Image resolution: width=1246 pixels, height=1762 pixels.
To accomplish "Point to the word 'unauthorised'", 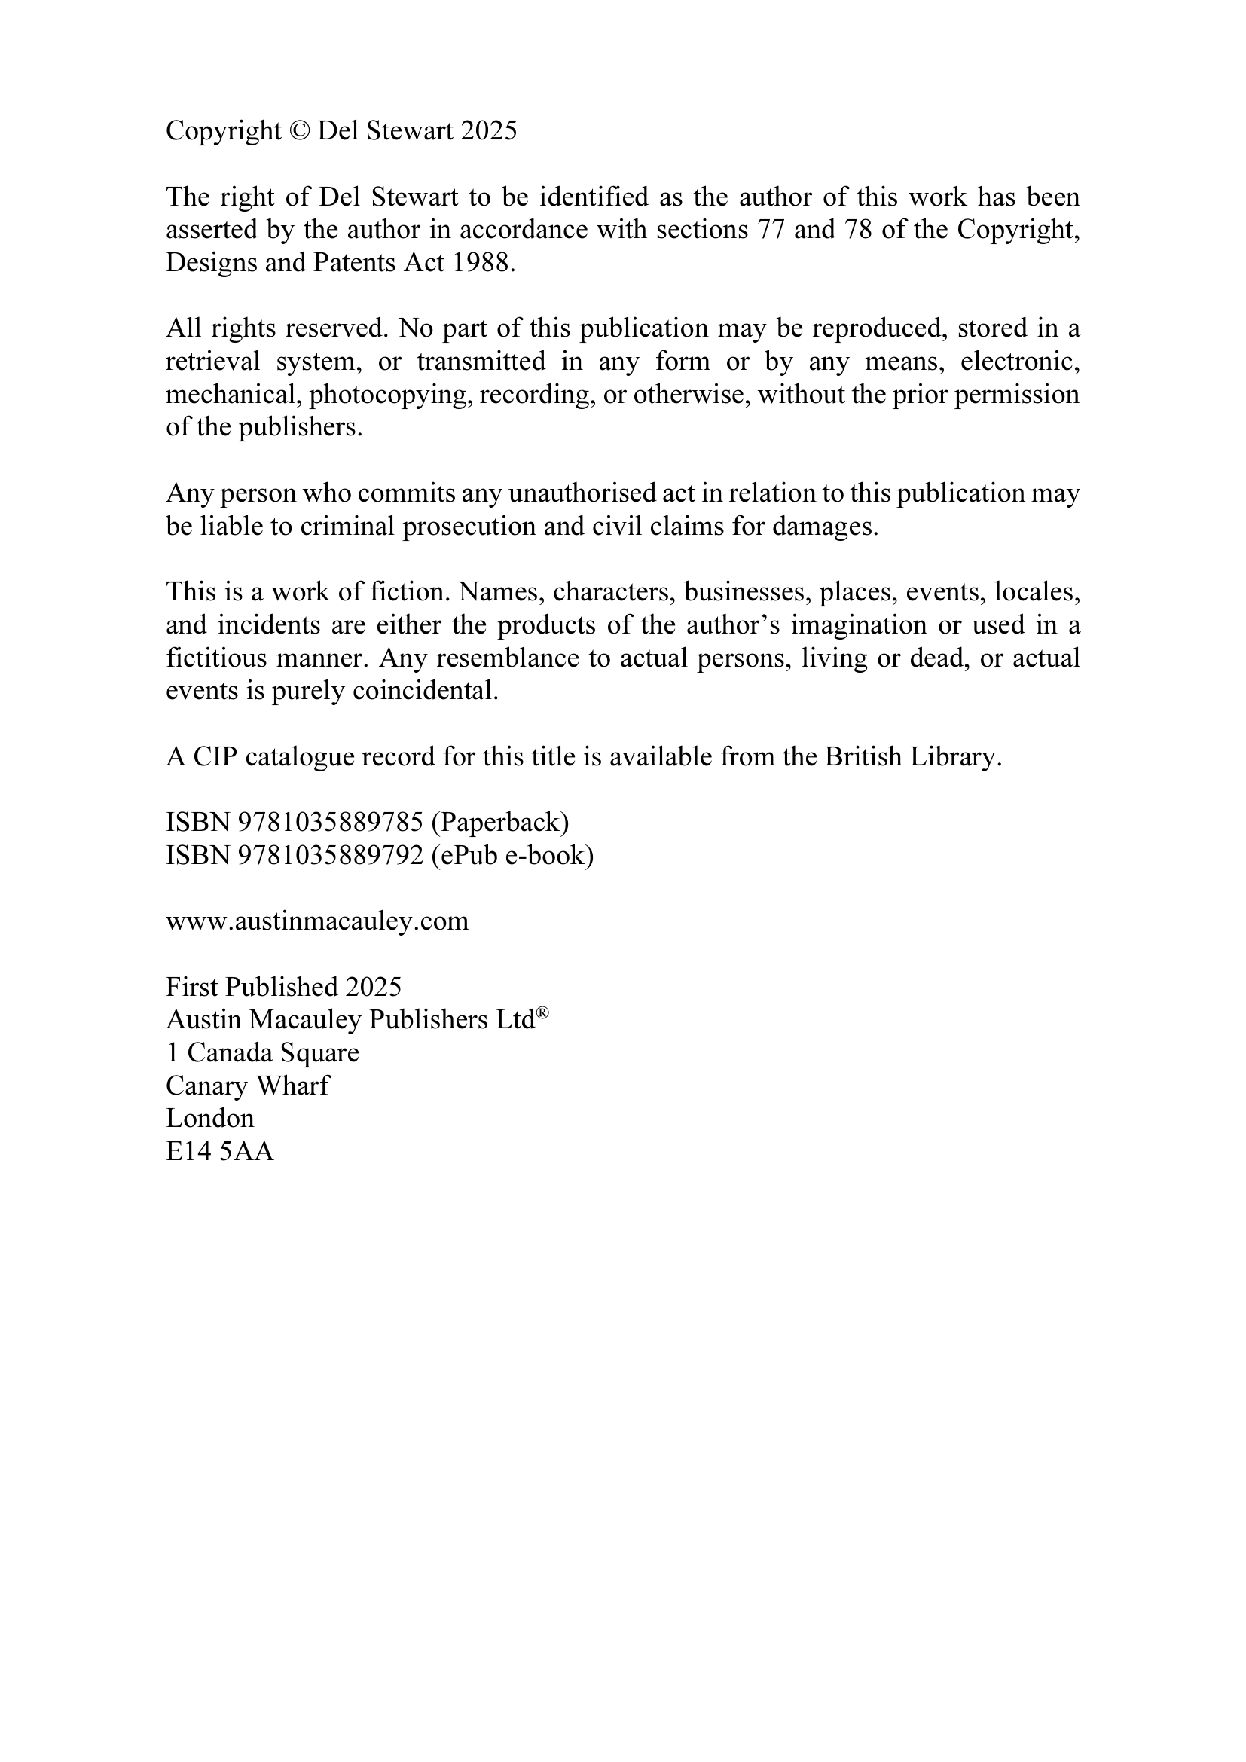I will pos(572,493).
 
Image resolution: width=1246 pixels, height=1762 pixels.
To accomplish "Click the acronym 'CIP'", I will pos(215,756).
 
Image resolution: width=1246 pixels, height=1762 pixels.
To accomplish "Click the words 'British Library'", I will pos(912,756).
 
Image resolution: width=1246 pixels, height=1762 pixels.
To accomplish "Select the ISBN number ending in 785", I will pos(331,823).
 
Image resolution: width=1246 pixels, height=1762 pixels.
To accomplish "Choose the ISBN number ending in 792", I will pos(331,856).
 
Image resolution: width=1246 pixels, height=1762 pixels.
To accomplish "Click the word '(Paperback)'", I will pos(499,823).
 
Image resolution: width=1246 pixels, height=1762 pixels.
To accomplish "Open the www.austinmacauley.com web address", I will pos(317,921).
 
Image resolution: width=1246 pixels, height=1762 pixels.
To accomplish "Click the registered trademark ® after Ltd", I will pos(542,1014).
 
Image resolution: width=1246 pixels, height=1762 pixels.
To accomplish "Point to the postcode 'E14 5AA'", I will pos(220,1152).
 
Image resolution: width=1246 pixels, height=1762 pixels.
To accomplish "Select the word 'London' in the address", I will pos(209,1119).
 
